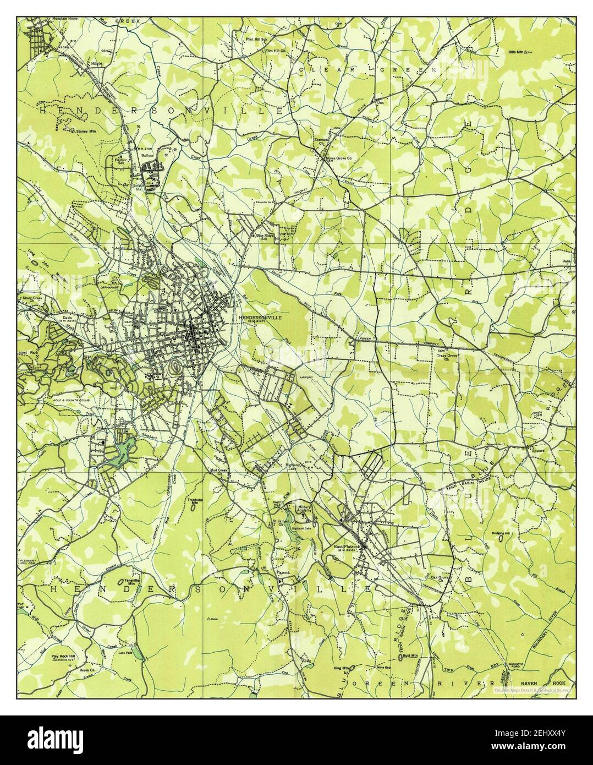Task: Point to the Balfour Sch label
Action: (120, 161)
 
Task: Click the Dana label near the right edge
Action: (566, 261)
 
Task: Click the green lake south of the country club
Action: (120, 452)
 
